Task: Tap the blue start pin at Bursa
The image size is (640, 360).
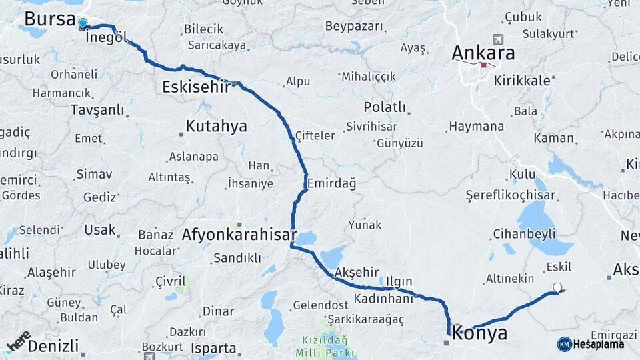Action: (83, 24)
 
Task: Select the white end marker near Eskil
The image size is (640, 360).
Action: (558, 289)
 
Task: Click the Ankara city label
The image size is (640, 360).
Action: (483, 53)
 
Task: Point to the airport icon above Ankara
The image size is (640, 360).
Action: (497, 39)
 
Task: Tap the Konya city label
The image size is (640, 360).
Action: (479, 333)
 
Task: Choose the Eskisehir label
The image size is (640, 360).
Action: (195, 87)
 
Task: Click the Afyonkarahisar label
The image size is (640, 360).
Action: (239, 235)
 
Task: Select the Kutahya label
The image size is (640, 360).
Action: (216, 125)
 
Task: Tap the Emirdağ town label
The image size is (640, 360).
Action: (331, 183)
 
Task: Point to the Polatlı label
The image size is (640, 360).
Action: (385, 107)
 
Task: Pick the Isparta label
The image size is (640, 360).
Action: (213, 348)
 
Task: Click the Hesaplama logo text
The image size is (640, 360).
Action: (598, 344)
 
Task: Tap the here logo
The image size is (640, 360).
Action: (19, 340)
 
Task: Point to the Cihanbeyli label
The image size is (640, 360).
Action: (524, 234)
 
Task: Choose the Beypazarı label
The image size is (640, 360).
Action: (355, 27)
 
